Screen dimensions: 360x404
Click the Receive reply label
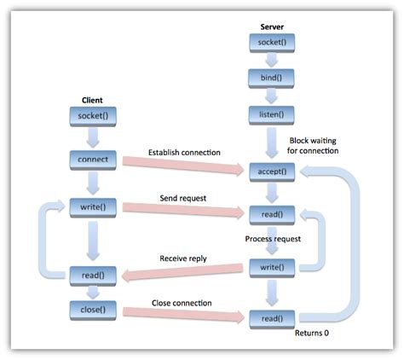(x=184, y=258)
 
